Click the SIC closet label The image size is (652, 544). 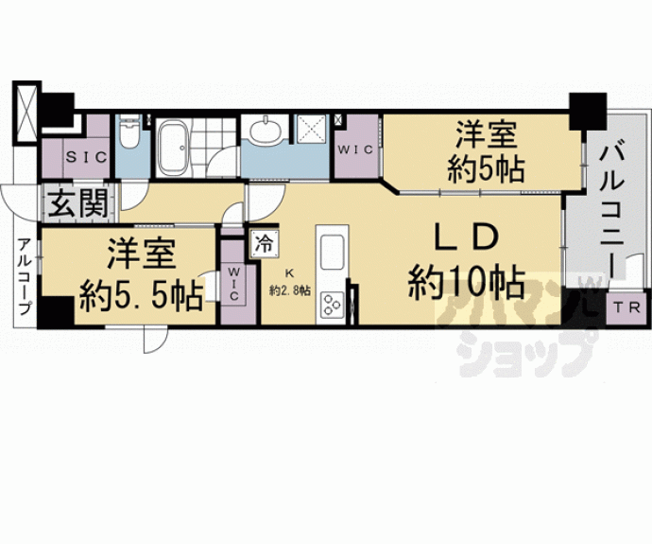click(87, 157)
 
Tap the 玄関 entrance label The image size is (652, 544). click(77, 203)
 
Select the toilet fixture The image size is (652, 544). click(129, 132)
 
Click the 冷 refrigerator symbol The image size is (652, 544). click(264, 244)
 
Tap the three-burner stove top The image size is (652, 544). click(332, 305)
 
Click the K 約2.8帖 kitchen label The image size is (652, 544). click(290, 282)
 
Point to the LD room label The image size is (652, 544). click(466, 237)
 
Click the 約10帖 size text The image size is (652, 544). click(466, 282)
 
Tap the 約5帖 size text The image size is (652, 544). click(486, 168)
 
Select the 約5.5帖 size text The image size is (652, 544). click(142, 296)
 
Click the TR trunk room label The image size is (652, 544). click(628, 308)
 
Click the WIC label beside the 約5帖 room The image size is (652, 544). click(355, 149)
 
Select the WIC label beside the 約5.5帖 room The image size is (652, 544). click(233, 284)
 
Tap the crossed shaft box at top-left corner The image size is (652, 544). click(26, 113)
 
